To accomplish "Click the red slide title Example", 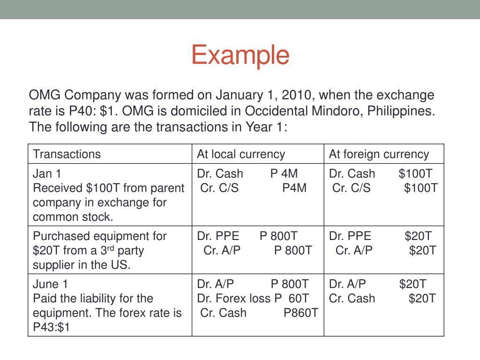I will pyautogui.click(x=240, y=55).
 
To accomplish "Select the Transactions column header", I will pyautogui.click(x=67, y=154).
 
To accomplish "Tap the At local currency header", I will pyautogui.click(x=241, y=154).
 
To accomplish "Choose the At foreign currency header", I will pyautogui.click(x=379, y=154).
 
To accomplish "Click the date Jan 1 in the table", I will pyautogui.click(x=47, y=174).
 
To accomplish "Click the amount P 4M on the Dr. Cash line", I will pyautogui.click(x=284, y=174).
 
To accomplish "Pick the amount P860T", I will pyautogui.click(x=301, y=313).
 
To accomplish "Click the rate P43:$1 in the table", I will pyautogui.click(x=51, y=328).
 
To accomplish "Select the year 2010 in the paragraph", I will pyautogui.click(x=296, y=96).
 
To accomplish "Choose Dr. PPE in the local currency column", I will pyautogui.click(x=218, y=236).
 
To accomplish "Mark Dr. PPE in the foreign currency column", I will pyautogui.click(x=350, y=236).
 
